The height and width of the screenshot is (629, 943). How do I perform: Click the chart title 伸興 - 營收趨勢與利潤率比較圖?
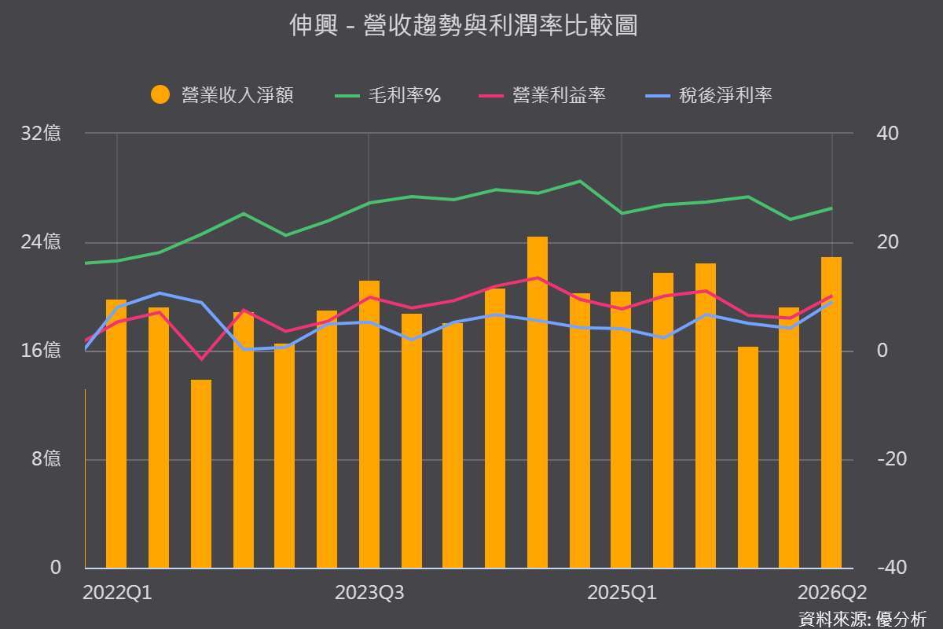464,25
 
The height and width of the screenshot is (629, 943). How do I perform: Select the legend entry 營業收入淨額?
222,95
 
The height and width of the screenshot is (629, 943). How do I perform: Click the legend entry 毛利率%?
387,95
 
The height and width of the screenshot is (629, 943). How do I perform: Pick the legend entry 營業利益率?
542,95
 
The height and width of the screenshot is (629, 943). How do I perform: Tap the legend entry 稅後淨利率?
709,95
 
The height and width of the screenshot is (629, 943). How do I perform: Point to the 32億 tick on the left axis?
40,133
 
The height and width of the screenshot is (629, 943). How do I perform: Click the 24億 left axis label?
40,242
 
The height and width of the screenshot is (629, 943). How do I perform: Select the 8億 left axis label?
46,458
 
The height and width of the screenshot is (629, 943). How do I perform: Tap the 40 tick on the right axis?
887,134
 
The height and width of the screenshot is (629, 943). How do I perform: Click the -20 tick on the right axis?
892,459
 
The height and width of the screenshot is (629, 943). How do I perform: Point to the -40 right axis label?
892,568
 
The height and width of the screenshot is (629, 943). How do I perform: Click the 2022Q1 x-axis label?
117,593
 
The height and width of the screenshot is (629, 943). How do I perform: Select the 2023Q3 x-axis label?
369,593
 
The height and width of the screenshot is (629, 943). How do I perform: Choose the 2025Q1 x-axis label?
622,593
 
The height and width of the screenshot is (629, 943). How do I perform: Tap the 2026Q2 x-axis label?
832,593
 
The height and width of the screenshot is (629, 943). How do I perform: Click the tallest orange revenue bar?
538,403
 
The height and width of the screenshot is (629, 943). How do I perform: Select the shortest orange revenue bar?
201,474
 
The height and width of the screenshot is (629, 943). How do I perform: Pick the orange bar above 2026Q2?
831,413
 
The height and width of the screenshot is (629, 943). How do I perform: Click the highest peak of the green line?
580,181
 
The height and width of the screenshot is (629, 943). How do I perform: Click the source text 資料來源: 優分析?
862,620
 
